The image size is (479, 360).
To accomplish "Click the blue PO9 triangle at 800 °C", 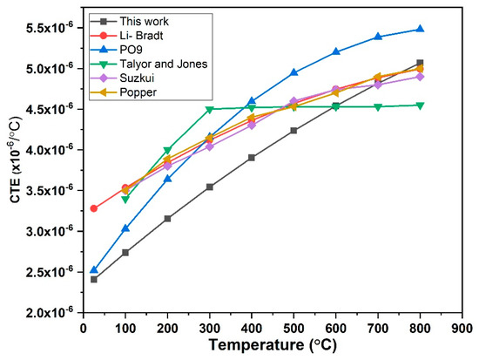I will point(421,29).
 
